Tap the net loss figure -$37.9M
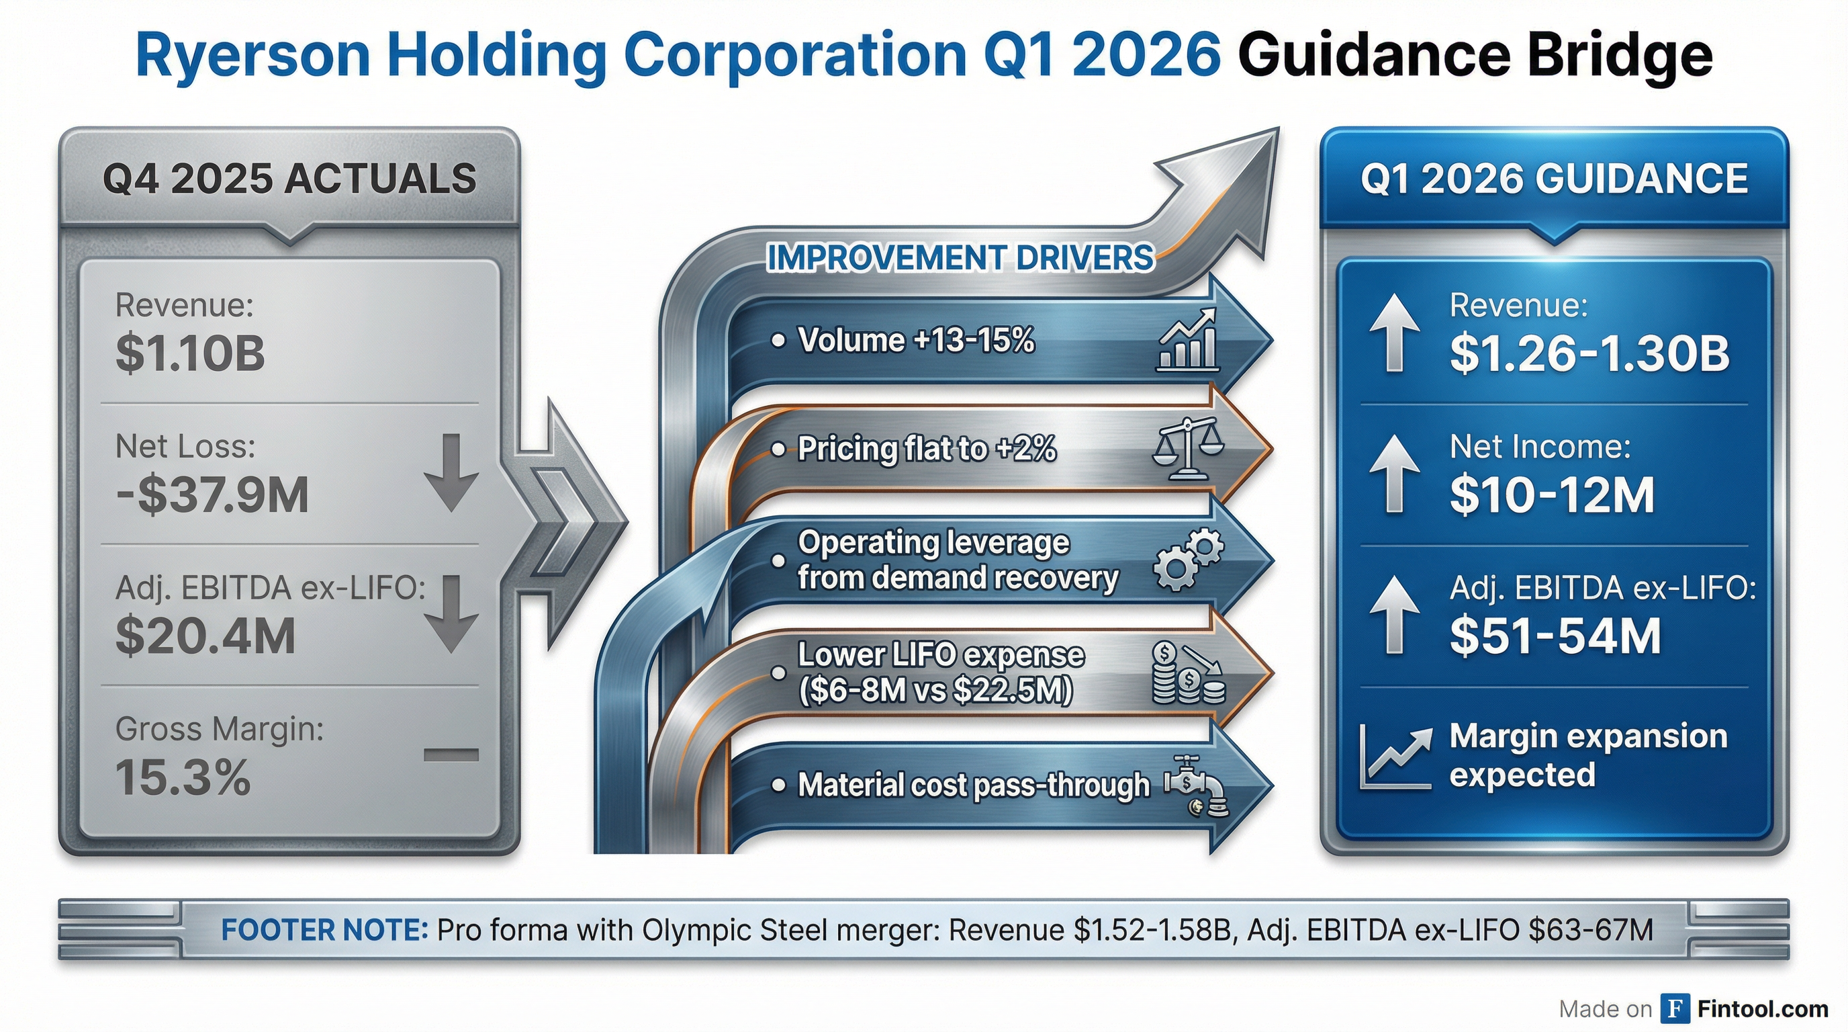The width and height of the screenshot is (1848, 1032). (x=212, y=495)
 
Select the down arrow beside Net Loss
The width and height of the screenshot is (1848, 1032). (x=451, y=472)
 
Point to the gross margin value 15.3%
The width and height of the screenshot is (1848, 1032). (x=183, y=778)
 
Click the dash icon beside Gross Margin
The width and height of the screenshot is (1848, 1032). (x=451, y=755)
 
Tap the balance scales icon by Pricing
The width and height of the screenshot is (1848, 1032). (x=1187, y=449)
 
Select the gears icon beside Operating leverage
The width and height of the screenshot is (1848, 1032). (x=1187, y=560)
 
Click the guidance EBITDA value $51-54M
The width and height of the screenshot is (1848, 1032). (x=1555, y=636)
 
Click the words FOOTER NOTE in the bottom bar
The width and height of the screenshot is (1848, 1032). (x=324, y=930)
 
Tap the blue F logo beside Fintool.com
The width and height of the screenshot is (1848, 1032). (x=1675, y=1009)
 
